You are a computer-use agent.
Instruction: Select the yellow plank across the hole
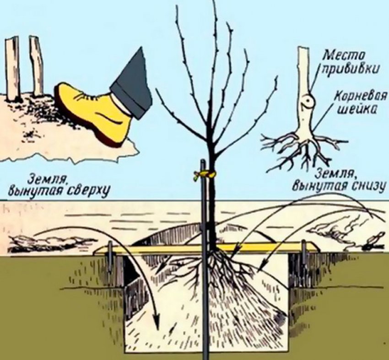point(206,248)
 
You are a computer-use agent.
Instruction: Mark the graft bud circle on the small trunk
point(308,101)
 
